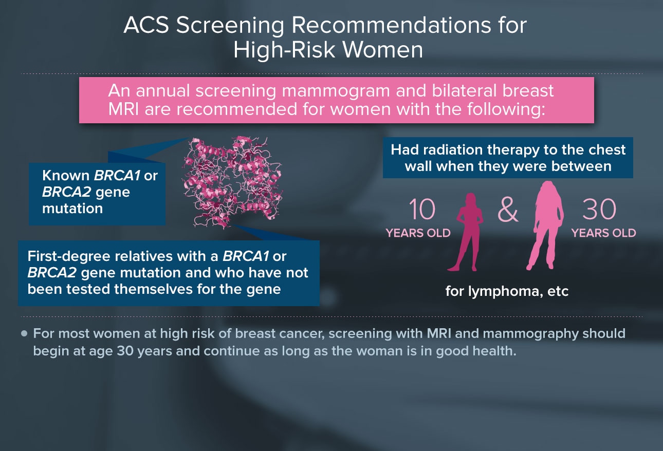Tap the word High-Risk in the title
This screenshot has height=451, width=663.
(284, 50)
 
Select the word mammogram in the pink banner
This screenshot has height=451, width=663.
(336, 91)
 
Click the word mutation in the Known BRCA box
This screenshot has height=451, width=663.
(72, 209)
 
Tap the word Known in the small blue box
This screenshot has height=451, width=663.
(66, 175)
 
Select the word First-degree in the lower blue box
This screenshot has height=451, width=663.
(69, 257)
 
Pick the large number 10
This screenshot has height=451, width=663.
(422, 209)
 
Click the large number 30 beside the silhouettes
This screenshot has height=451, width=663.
(599, 209)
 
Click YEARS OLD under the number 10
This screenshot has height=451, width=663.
(418, 233)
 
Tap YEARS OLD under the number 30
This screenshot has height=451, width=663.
(603, 233)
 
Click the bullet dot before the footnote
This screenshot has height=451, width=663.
(24, 334)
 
